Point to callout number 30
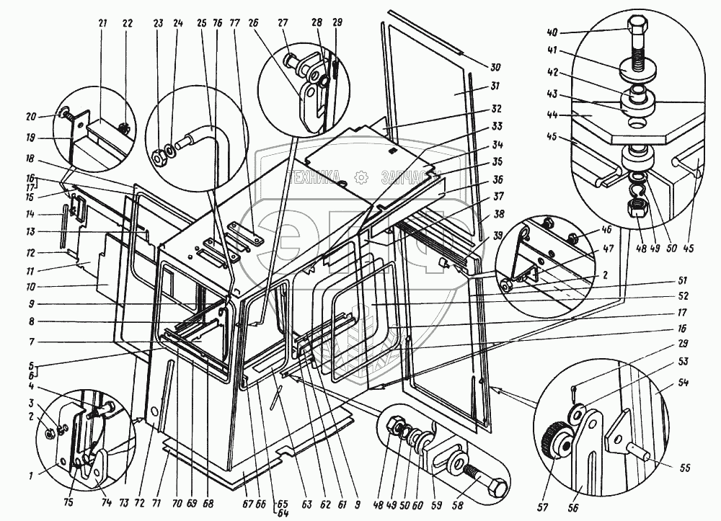[x=495, y=67]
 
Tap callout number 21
[x=102, y=23]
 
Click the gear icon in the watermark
[x=361, y=176]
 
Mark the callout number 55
[x=684, y=468]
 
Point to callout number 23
[x=158, y=22]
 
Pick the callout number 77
[x=234, y=22]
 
